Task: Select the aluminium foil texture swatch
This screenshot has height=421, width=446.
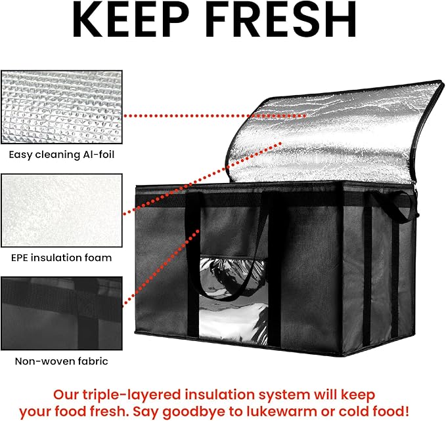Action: (62, 107)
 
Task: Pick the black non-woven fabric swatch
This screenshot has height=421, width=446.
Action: (62, 313)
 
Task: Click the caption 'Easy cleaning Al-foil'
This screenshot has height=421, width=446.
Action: (62, 155)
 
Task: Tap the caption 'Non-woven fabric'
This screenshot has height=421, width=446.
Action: (61, 361)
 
